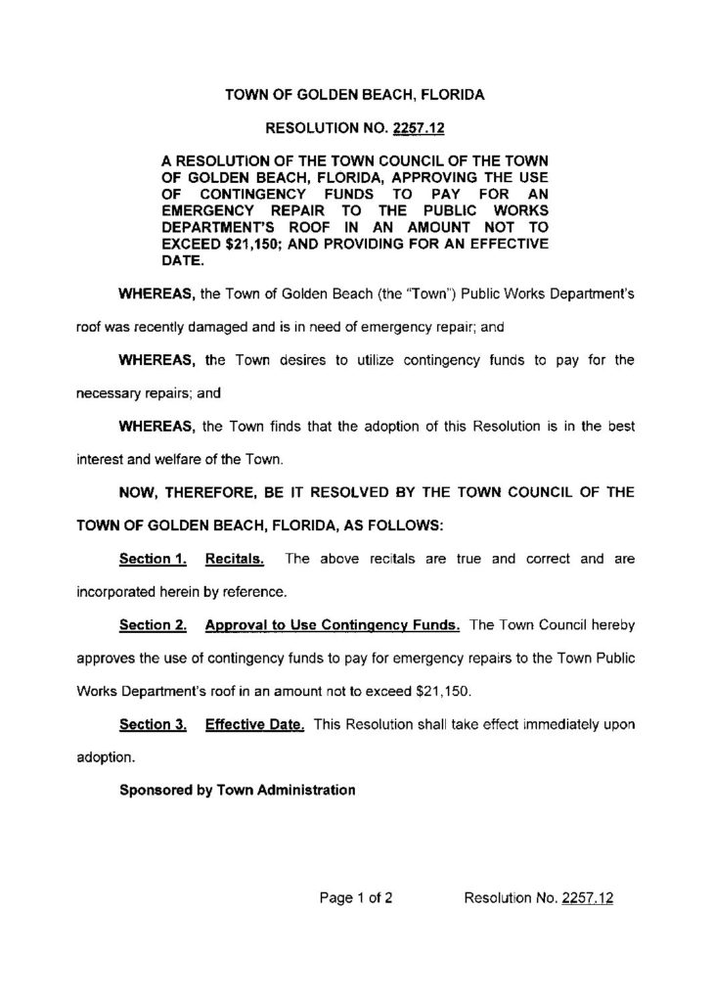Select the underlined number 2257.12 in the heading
(x=423, y=128)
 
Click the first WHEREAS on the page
(x=156, y=295)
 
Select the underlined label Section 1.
(x=153, y=560)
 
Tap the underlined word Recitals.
(x=236, y=560)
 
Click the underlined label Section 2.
(x=153, y=624)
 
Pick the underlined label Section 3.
(x=153, y=725)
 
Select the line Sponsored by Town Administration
(x=236, y=791)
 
